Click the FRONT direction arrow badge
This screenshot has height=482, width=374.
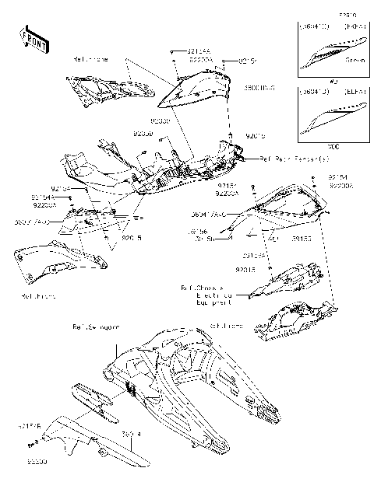point(33,39)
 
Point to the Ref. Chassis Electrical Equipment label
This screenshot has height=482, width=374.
point(207,295)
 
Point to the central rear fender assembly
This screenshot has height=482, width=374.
point(156,167)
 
